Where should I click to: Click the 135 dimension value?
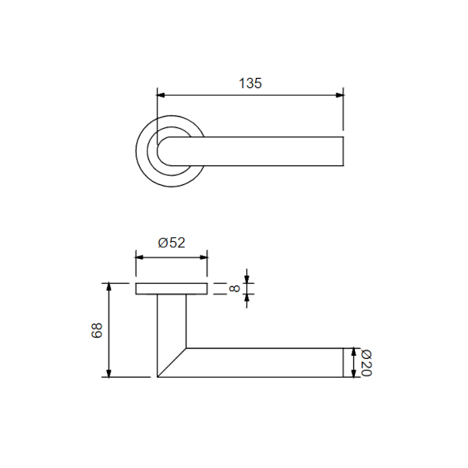(250, 83)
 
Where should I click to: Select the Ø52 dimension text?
(172, 243)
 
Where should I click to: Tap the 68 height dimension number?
(97, 330)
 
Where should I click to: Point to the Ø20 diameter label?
(367, 363)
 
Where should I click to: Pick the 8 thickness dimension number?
(234, 289)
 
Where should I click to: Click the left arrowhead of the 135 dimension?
(161, 95)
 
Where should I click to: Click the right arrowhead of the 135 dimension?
(339, 95)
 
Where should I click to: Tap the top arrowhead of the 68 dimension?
(109, 287)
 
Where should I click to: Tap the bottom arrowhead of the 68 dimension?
(109, 374)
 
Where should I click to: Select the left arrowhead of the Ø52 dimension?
(140, 257)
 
